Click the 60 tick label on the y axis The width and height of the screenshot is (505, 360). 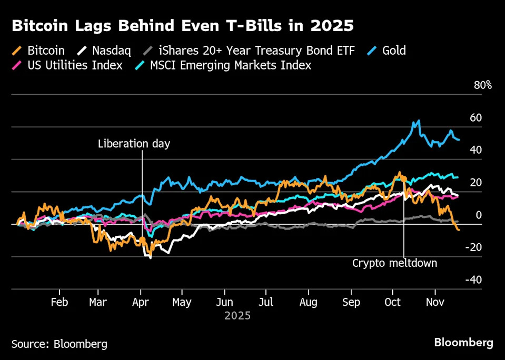click(x=476, y=117)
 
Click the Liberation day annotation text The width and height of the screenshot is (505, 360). click(x=134, y=144)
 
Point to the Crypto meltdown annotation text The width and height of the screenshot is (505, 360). click(x=394, y=263)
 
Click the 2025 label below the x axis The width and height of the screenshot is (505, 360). click(x=237, y=316)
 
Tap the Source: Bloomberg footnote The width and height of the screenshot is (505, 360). click(x=59, y=344)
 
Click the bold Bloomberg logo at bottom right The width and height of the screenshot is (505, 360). click(x=463, y=343)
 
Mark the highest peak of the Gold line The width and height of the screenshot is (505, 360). click(x=419, y=121)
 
